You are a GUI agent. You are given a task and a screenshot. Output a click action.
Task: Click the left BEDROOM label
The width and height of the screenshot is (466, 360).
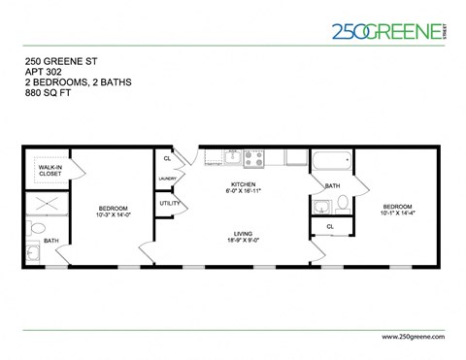(x=115, y=209)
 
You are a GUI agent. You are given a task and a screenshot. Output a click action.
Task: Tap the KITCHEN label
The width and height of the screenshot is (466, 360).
(x=243, y=184)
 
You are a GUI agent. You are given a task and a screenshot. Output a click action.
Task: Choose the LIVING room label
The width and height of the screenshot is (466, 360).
(x=243, y=233)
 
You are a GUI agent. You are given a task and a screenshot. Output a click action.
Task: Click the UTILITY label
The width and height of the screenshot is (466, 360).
(x=170, y=204)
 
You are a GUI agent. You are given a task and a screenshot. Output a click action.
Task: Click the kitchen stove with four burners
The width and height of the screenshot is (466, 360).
(x=254, y=157)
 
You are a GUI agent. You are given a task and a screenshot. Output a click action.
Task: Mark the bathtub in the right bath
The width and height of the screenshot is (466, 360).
(x=332, y=160)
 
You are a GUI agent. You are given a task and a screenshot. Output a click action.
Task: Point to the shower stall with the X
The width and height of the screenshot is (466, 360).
(x=46, y=204)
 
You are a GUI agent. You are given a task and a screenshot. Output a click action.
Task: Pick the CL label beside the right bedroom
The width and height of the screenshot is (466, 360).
(x=330, y=227)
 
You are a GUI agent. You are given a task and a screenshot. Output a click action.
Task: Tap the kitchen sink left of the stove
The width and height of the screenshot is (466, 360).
(x=233, y=158)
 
